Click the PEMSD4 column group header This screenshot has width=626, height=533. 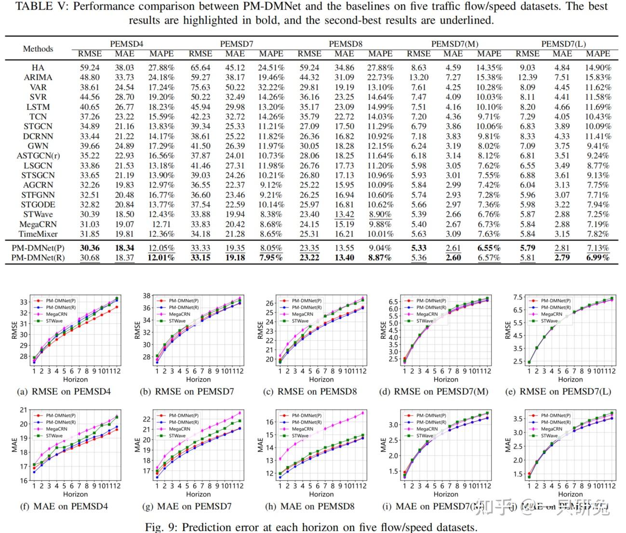(x=126, y=44)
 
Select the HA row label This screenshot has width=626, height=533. (x=38, y=68)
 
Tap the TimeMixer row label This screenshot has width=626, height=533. (x=38, y=234)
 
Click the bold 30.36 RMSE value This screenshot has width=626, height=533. (x=90, y=248)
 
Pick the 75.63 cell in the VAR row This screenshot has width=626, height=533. (x=200, y=88)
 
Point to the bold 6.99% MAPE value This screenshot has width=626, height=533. (x=598, y=258)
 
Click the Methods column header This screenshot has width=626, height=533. (x=38, y=49)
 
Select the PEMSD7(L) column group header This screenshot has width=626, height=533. (x=563, y=44)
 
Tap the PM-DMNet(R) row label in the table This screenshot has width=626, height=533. (x=38, y=258)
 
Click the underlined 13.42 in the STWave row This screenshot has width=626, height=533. (x=344, y=214)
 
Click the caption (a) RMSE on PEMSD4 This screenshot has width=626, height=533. (x=64, y=391)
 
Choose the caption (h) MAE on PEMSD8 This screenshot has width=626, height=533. (x=310, y=506)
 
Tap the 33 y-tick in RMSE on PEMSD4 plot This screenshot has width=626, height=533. (x=24, y=302)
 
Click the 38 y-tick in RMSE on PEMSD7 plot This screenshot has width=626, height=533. (x=147, y=296)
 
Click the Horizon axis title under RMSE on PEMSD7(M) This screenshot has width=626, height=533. (x=446, y=380)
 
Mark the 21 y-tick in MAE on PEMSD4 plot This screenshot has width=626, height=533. (x=24, y=410)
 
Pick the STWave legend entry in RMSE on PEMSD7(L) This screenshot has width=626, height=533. (x=549, y=321)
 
